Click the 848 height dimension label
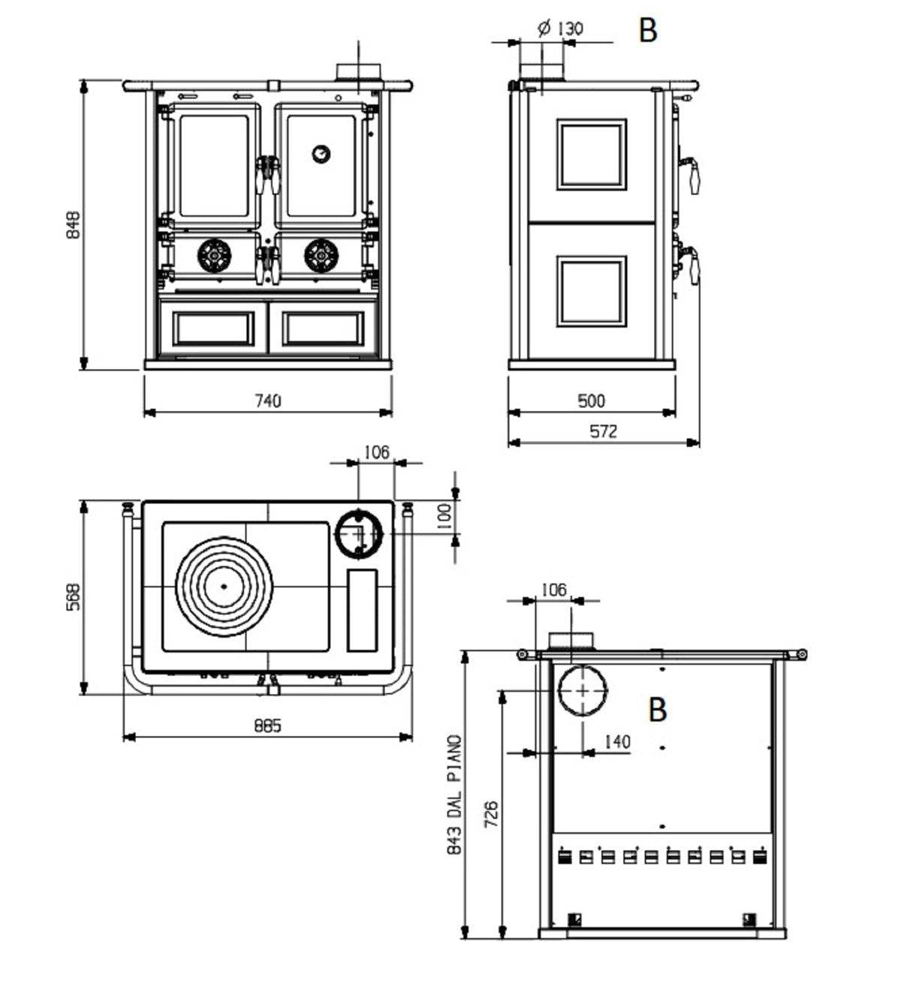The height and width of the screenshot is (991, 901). (x=73, y=224)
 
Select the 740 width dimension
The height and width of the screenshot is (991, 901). (x=267, y=401)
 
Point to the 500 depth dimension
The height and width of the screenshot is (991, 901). (x=591, y=401)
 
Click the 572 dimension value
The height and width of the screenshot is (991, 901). (x=603, y=431)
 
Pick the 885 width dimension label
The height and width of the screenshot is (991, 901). (x=267, y=726)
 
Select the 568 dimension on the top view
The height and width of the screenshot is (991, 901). (x=73, y=597)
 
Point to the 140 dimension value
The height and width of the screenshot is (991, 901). (x=616, y=742)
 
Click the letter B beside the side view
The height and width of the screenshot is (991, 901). (x=647, y=31)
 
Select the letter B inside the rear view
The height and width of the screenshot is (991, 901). (x=658, y=710)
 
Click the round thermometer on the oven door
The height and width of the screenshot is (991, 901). (x=321, y=154)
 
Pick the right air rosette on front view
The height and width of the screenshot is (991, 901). (x=321, y=256)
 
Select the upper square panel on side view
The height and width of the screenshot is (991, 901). (x=591, y=154)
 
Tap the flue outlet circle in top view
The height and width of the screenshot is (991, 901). (x=358, y=533)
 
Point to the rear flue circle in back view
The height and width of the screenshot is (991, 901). (x=582, y=691)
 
